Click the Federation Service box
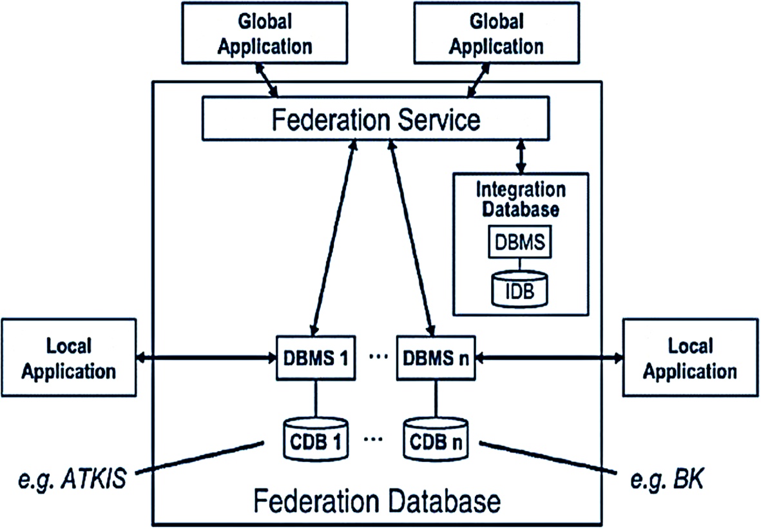click(x=376, y=119)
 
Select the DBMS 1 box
click(x=316, y=358)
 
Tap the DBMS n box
click(x=436, y=358)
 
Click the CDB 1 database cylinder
click(x=316, y=439)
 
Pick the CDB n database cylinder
click(x=436, y=439)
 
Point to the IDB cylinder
click(x=520, y=289)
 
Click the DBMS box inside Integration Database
click(x=520, y=242)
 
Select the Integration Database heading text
click(x=521, y=200)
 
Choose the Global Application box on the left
click(x=264, y=33)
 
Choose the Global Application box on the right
click(x=497, y=33)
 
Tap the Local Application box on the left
click(x=69, y=358)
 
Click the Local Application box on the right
click(x=691, y=358)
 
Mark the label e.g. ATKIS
click(x=72, y=479)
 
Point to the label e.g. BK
click(x=666, y=479)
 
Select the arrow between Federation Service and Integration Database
click(x=521, y=157)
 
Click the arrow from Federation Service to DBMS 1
click(x=334, y=237)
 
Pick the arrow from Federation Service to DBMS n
click(x=412, y=237)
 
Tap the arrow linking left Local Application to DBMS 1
click(x=206, y=358)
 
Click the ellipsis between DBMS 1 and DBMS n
click(x=378, y=357)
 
